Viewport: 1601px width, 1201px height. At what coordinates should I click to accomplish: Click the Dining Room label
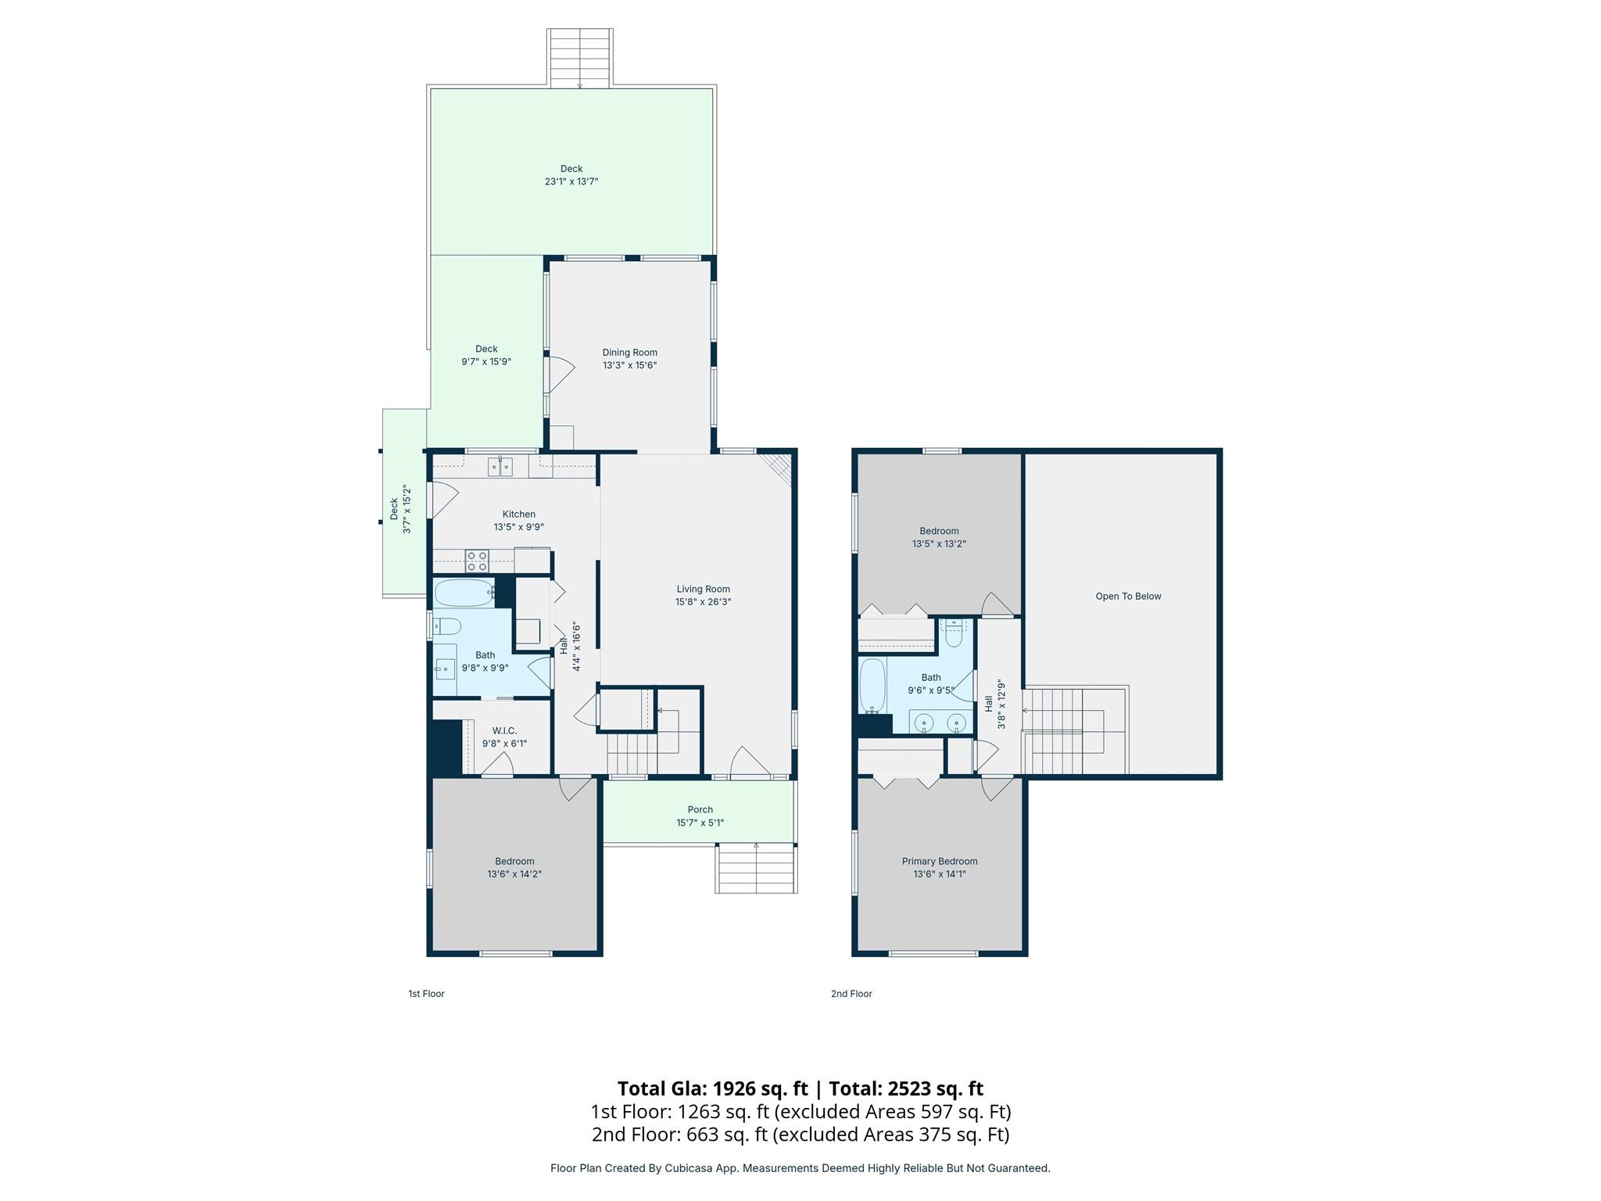point(629,353)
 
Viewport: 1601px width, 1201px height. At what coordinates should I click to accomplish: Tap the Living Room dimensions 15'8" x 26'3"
point(703,602)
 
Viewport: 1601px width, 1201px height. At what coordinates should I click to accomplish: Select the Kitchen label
point(518,514)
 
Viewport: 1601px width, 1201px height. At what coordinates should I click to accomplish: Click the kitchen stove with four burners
point(477,561)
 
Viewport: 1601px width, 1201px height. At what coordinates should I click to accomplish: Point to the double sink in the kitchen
point(500,468)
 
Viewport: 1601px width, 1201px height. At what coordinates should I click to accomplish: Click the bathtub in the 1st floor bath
point(463,593)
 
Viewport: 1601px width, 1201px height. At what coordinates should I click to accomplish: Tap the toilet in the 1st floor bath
point(447,626)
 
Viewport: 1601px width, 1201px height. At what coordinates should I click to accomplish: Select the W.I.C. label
point(504,731)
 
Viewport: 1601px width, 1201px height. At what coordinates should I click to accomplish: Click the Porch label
point(700,810)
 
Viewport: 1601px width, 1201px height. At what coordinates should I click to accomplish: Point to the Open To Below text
point(1128,597)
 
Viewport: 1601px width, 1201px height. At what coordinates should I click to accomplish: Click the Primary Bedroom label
point(939,862)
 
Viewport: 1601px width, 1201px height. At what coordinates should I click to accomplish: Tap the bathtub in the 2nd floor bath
point(872,686)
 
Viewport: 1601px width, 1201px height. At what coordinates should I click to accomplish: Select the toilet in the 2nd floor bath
point(953,631)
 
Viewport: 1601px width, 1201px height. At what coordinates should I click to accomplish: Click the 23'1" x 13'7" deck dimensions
point(571,181)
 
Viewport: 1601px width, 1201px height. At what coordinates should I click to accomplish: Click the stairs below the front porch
point(756,869)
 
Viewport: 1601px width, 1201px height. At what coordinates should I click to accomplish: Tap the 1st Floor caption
point(426,994)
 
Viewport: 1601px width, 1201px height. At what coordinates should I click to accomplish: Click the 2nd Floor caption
point(851,994)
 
